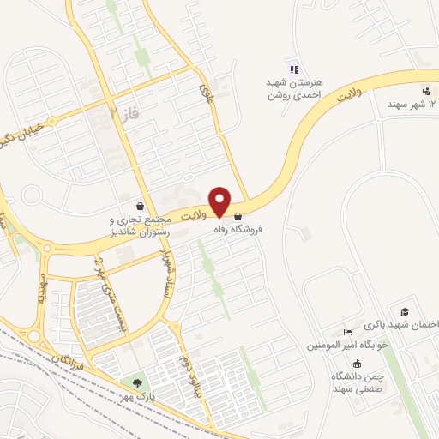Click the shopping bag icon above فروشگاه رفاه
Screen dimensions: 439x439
click(x=238, y=218)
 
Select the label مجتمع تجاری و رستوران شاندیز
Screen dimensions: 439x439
click(x=143, y=226)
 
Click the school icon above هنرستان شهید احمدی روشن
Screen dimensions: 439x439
click(x=294, y=69)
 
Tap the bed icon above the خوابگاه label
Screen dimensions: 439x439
click(x=347, y=333)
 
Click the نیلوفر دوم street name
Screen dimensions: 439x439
click(x=183, y=370)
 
